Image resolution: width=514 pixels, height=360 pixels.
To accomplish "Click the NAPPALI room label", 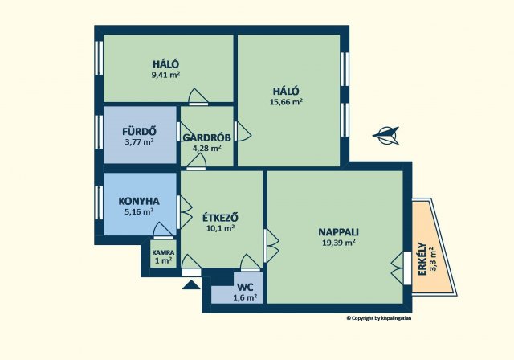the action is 338,232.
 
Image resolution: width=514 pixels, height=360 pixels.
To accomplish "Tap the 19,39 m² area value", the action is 339,243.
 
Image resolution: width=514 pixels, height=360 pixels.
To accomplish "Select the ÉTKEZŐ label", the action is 220,218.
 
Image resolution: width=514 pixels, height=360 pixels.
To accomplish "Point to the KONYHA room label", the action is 139,201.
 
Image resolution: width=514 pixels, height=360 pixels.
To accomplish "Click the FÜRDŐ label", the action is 139,132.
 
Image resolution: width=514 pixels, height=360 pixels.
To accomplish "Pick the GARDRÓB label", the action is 207,137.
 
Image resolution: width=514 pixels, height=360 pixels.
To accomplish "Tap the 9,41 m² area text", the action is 165,75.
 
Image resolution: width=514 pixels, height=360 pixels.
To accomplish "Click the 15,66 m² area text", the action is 286,101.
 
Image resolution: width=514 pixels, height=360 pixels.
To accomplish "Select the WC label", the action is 245,288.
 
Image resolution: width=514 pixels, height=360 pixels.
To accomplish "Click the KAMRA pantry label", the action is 164,253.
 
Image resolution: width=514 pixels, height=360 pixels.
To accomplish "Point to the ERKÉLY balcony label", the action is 422,260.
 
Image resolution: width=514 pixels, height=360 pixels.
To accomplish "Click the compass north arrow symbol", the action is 386,136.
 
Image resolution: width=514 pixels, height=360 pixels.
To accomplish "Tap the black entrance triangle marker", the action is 191,284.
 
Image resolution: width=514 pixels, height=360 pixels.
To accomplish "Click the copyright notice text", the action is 379,317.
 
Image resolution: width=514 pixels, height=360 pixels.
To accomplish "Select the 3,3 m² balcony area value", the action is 434,259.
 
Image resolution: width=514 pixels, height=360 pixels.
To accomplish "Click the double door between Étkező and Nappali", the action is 271,246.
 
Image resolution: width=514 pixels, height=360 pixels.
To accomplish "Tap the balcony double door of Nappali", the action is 401,268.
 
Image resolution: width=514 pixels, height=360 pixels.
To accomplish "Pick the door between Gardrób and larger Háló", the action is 243,132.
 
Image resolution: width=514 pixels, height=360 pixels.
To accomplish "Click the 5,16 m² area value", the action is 139,211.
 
